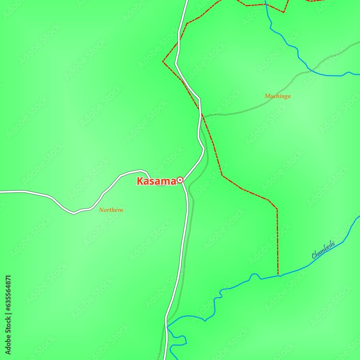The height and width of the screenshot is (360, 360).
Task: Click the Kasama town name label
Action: click(x=156, y=181)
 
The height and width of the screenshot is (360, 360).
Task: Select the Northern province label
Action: click(x=111, y=210)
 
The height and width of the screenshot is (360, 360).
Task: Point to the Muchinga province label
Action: click(x=277, y=96)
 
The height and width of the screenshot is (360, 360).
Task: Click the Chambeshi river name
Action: click(x=323, y=250)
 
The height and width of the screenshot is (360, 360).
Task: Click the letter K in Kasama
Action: click(x=140, y=181)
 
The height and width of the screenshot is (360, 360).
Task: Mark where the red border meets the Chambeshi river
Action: click(x=278, y=276)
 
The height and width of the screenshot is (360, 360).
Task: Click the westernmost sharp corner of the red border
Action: click(x=163, y=61)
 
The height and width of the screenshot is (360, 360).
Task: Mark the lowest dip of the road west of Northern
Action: click(x=74, y=213)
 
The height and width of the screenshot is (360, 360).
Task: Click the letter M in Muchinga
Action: click(x=267, y=96)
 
